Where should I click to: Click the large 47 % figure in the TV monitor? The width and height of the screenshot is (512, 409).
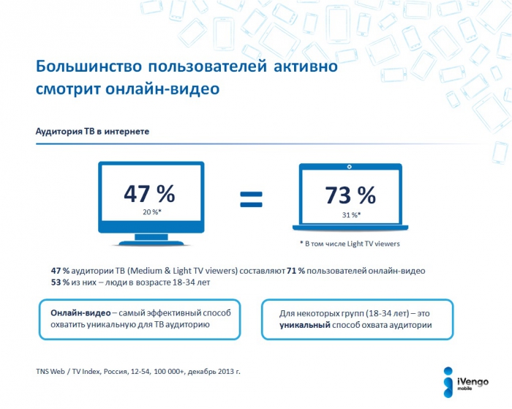149,193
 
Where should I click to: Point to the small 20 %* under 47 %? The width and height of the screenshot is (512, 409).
149,212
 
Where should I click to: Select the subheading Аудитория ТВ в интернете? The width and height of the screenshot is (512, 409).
93,132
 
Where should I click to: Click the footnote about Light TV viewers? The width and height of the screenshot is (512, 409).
350,244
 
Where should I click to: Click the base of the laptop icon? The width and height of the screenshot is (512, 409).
350,232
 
